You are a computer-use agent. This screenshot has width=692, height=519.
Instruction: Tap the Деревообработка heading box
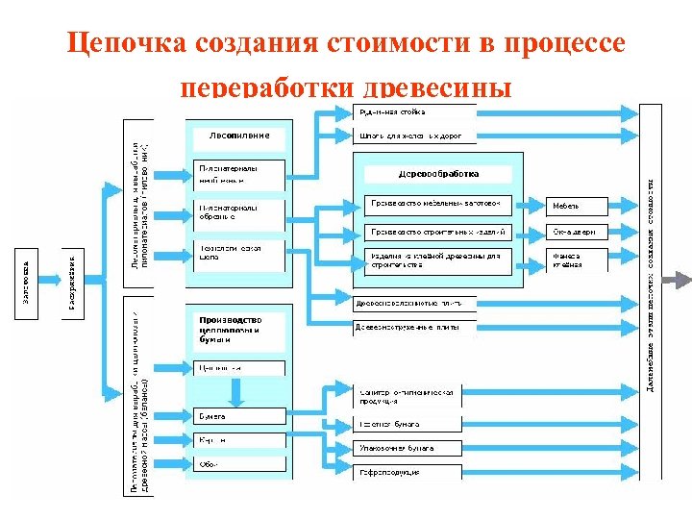(438, 174)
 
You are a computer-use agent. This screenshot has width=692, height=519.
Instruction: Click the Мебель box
(578, 206)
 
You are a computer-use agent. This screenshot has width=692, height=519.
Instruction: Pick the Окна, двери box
(578, 233)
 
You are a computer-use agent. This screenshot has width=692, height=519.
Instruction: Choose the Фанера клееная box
(578, 260)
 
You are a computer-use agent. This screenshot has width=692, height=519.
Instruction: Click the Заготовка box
(27, 278)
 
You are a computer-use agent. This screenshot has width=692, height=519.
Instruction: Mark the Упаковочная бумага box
(408, 448)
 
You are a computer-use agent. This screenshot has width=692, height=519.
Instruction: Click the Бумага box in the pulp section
(239, 416)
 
